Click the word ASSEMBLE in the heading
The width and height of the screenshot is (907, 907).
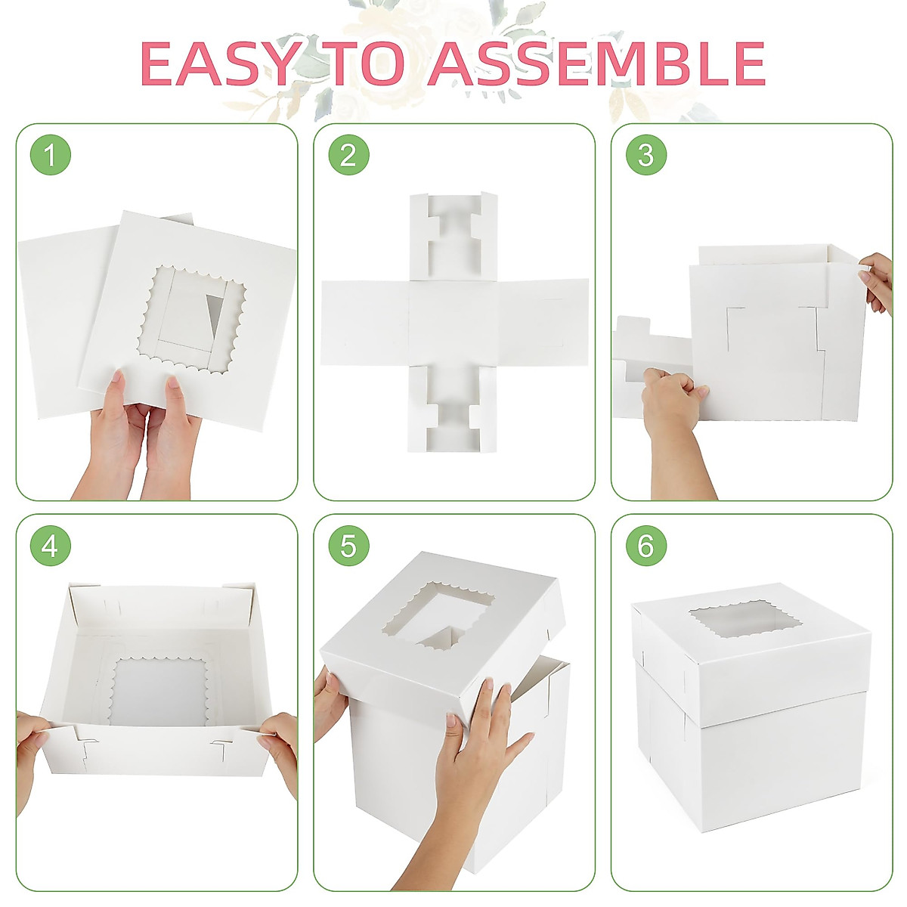pyautogui.click(x=597, y=63)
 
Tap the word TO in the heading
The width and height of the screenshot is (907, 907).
pyautogui.click(x=370, y=63)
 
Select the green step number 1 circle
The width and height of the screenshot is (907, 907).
pyautogui.click(x=50, y=156)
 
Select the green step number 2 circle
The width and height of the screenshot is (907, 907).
pyautogui.click(x=348, y=156)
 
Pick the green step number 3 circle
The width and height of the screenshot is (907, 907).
pyautogui.click(x=645, y=156)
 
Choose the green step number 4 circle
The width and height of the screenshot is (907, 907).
pyautogui.click(x=50, y=546)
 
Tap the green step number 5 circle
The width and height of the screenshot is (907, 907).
pyautogui.click(x=348, y=546)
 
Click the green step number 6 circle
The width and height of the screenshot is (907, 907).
pyautogui.click(x=645, y=546)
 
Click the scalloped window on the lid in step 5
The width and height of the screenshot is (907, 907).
pyautogui.click(x=438, y=616)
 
